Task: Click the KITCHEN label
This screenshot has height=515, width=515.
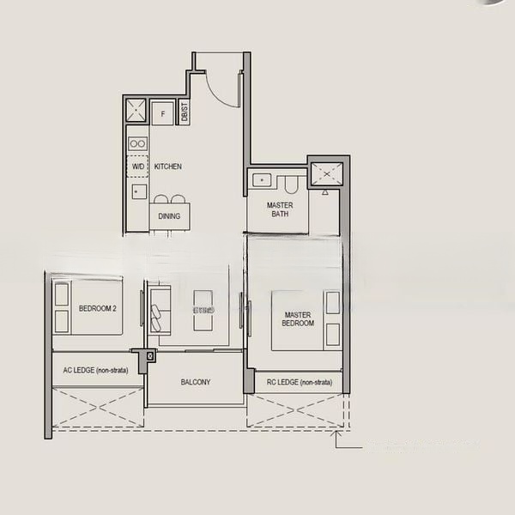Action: click(x=167, y=167)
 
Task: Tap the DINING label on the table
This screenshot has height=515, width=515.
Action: click(x=169, y=216)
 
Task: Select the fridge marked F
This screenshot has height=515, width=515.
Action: click(x=162, y=112)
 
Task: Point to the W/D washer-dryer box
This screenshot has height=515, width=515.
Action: click(x=138, y=167)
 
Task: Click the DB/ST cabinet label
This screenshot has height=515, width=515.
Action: click(x=184, y=112)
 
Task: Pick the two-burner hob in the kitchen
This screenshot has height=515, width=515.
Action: click(x=137, y=143)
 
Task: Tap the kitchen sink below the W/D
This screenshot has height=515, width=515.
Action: click(x=138, y=191)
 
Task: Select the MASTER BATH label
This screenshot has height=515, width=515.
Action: click(x=279, y=209)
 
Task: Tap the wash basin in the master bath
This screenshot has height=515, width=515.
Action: click(x=262, y=180)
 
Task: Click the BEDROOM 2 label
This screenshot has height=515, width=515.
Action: click(x=97, y=308)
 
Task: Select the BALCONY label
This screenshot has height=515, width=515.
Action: click(x=196, y=382)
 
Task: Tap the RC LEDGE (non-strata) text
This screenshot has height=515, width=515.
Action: click(x=299, y=382)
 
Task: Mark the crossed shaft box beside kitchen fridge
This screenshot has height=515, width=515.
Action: click(x=136, y=112)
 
